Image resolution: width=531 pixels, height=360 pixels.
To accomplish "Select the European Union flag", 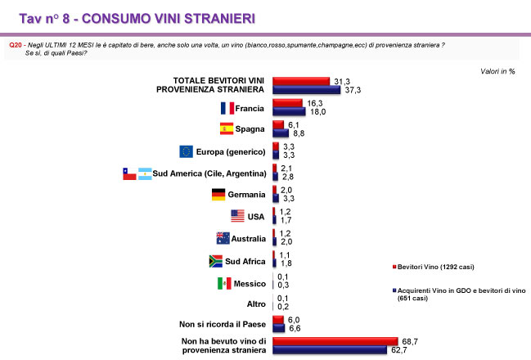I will (186, 151).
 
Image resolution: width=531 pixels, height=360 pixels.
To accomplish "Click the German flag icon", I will (218, 195).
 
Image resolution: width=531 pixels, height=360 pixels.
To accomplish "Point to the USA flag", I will (238, 217).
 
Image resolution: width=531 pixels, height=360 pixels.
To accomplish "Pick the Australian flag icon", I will (222, 239).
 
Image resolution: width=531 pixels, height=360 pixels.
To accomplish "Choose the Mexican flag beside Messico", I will (225, 283).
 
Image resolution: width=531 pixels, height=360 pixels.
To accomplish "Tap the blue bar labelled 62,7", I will (329, 350).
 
